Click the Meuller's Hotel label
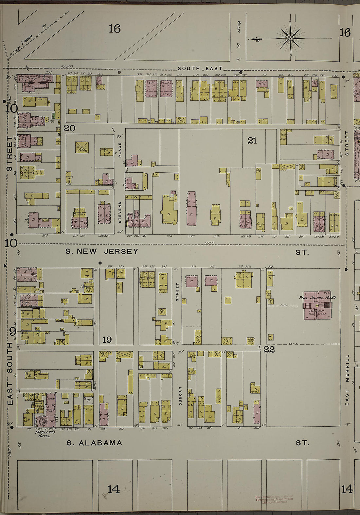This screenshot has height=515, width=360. [x=45, y=434]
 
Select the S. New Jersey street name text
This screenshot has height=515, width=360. [x=102, y=251]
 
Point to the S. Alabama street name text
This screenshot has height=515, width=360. [x=95, y=443]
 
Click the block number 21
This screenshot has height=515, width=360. [x=252, y=141]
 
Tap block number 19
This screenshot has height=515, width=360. [x=107, y=340]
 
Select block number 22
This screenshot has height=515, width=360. [x=269, y=349]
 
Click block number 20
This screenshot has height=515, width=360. [x=69, y=128]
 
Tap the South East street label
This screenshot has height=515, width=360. [x=200, y=69]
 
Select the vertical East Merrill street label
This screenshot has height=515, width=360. [x=347, y=379]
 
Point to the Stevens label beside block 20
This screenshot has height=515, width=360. [x=120, y=212]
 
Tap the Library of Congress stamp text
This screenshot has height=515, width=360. [x=274, y=500]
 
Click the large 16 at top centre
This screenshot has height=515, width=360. [x=115, y=29]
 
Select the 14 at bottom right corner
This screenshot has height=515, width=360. [x=347, y=489]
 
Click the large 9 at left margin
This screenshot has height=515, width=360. [x=12, y=332]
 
